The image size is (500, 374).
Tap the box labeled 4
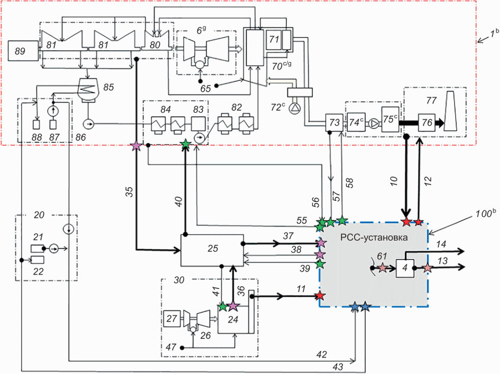[x=405, y=268]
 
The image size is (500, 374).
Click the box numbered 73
[x=334, y=123]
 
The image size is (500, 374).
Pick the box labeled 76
[x=426, y=123]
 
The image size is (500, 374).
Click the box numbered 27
[x=171, y=319]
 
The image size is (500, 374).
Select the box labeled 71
[x=274, y=40]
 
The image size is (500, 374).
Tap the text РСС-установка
[x=373, y=238]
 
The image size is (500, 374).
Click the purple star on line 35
[x=136, y=146]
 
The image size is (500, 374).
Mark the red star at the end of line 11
[x=320, y=296]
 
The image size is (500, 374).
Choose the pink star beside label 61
[x=382, y=268]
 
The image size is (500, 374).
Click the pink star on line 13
[x=427, y=268]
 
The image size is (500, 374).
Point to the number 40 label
[x=178, y=202]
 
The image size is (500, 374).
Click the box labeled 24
[x=233, y=320]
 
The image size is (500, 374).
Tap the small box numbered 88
[x=37, y=125]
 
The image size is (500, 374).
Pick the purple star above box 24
[x=233, y=306]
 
